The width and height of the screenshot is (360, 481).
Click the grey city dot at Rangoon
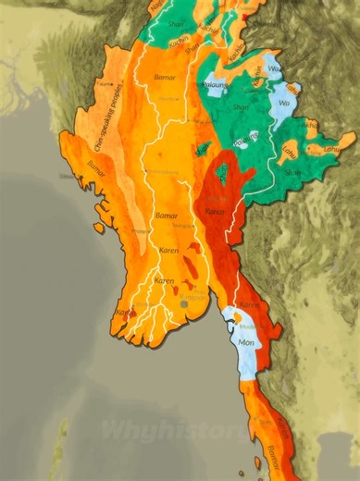tap(183, 302)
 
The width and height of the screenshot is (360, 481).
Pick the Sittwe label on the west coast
tap(67, 175)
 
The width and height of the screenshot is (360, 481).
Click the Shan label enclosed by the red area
tap(221, 178)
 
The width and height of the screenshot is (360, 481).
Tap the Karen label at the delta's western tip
tap(122, 313)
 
